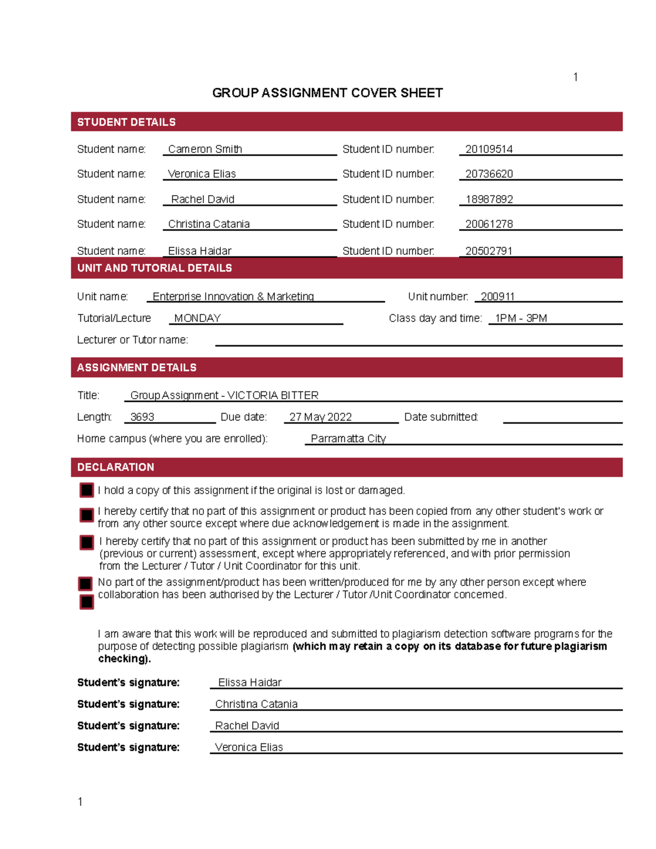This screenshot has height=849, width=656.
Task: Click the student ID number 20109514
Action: point(489,149)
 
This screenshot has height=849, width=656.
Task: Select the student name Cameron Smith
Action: point(205,149)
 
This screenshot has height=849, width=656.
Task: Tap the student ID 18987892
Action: point(489,200)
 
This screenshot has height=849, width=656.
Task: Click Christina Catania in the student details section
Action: point(209,224)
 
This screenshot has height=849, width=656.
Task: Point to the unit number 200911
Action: point(497,297)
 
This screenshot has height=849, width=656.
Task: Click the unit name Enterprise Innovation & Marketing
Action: point(233,297)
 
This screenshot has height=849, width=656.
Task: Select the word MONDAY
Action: point(197,318)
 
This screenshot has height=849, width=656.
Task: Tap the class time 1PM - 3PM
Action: point(520,318)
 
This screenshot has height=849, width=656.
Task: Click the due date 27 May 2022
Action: point(320,417)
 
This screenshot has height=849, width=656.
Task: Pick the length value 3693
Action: point(142,417)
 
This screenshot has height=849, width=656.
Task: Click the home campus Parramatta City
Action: point(348,438)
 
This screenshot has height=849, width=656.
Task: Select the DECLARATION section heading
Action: point(115,467)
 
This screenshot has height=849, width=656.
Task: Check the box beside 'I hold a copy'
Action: point(87,490)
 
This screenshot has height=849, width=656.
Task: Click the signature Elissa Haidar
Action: point(250,682)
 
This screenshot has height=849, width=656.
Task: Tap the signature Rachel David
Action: point(247,725)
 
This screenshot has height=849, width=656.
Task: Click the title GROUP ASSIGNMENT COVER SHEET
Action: point(327,93)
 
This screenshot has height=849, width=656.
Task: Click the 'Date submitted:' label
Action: point(441,417)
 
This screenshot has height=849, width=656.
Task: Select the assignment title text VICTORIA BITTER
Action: point(273,395)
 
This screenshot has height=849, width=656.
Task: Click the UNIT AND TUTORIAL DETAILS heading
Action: point(155,268)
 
